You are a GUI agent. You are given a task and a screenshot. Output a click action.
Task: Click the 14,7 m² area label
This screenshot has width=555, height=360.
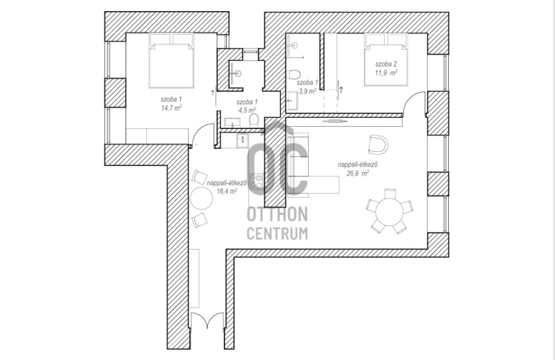(171, 108)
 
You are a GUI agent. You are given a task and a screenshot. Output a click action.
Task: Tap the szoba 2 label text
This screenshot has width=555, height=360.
(386, 64)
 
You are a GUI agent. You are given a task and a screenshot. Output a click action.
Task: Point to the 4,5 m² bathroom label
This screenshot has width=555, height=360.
(247, 110)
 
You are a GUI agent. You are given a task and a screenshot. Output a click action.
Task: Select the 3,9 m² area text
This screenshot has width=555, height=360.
(307, 91)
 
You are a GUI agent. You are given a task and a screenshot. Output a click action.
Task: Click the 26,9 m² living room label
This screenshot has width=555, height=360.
(358, 173)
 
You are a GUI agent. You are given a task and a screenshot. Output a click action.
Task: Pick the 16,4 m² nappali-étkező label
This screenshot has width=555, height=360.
(227, 191)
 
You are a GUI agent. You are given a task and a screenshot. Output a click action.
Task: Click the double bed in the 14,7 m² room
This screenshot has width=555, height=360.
(171, 60)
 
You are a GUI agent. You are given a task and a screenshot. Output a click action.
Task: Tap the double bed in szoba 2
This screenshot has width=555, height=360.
(386, 60)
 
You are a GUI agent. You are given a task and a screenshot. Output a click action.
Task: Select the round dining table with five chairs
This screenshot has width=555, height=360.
(389, 212)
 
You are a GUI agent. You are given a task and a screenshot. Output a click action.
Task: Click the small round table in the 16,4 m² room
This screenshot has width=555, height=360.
(201, 198)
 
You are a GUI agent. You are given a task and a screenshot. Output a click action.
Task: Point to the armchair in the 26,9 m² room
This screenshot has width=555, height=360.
(377, 144)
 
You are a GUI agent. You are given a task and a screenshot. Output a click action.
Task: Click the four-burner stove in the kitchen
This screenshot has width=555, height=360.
(256, 180)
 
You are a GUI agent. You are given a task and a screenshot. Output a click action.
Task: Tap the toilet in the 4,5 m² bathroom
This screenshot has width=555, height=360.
(253, 121)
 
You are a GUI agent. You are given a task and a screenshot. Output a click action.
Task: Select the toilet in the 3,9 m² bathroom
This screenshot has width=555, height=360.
(293, 75)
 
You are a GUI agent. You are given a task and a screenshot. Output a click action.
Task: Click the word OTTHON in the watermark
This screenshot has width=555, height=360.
(277, 214)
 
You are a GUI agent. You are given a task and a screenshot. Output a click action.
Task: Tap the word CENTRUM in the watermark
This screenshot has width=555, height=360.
(277, 234)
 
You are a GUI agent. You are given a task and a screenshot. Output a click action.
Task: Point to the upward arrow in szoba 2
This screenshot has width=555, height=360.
(341, 90)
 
